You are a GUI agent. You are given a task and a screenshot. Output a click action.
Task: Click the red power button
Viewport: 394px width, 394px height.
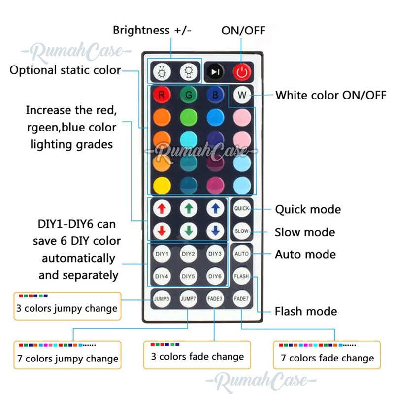click(x=241, y=72)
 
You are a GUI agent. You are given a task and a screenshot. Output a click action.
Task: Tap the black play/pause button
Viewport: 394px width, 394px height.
click(x=214, y=72)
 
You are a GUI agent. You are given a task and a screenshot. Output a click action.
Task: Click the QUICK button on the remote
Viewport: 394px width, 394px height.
click(x=241, y=208)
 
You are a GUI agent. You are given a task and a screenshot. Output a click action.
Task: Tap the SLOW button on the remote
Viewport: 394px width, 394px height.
click(x=241, y=230)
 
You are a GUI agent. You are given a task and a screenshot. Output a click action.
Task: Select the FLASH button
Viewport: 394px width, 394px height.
click(x=241, y=276)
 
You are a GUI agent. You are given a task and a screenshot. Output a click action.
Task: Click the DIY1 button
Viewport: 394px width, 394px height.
click(x=161, y=254)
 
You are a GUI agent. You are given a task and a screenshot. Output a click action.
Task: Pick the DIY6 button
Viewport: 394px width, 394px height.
click(x=215, y=276)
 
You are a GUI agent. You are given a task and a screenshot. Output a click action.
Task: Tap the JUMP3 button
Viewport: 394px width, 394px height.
click(x=161, y=299)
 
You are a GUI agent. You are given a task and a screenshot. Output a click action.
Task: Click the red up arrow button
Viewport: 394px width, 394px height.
click(x=161, y=208)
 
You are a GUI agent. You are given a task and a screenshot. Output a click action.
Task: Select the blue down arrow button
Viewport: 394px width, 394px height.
click(x=215, y=230)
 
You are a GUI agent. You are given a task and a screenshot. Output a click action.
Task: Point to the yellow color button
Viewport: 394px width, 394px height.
click(x=161, y=185)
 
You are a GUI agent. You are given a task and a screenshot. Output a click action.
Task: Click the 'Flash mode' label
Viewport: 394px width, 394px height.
click(x=306, y=311)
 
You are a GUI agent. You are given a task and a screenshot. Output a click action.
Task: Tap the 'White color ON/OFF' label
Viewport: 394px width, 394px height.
click(x=330, y=95)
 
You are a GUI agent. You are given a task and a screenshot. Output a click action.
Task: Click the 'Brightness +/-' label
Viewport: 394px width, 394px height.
click(x=152, y=30)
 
